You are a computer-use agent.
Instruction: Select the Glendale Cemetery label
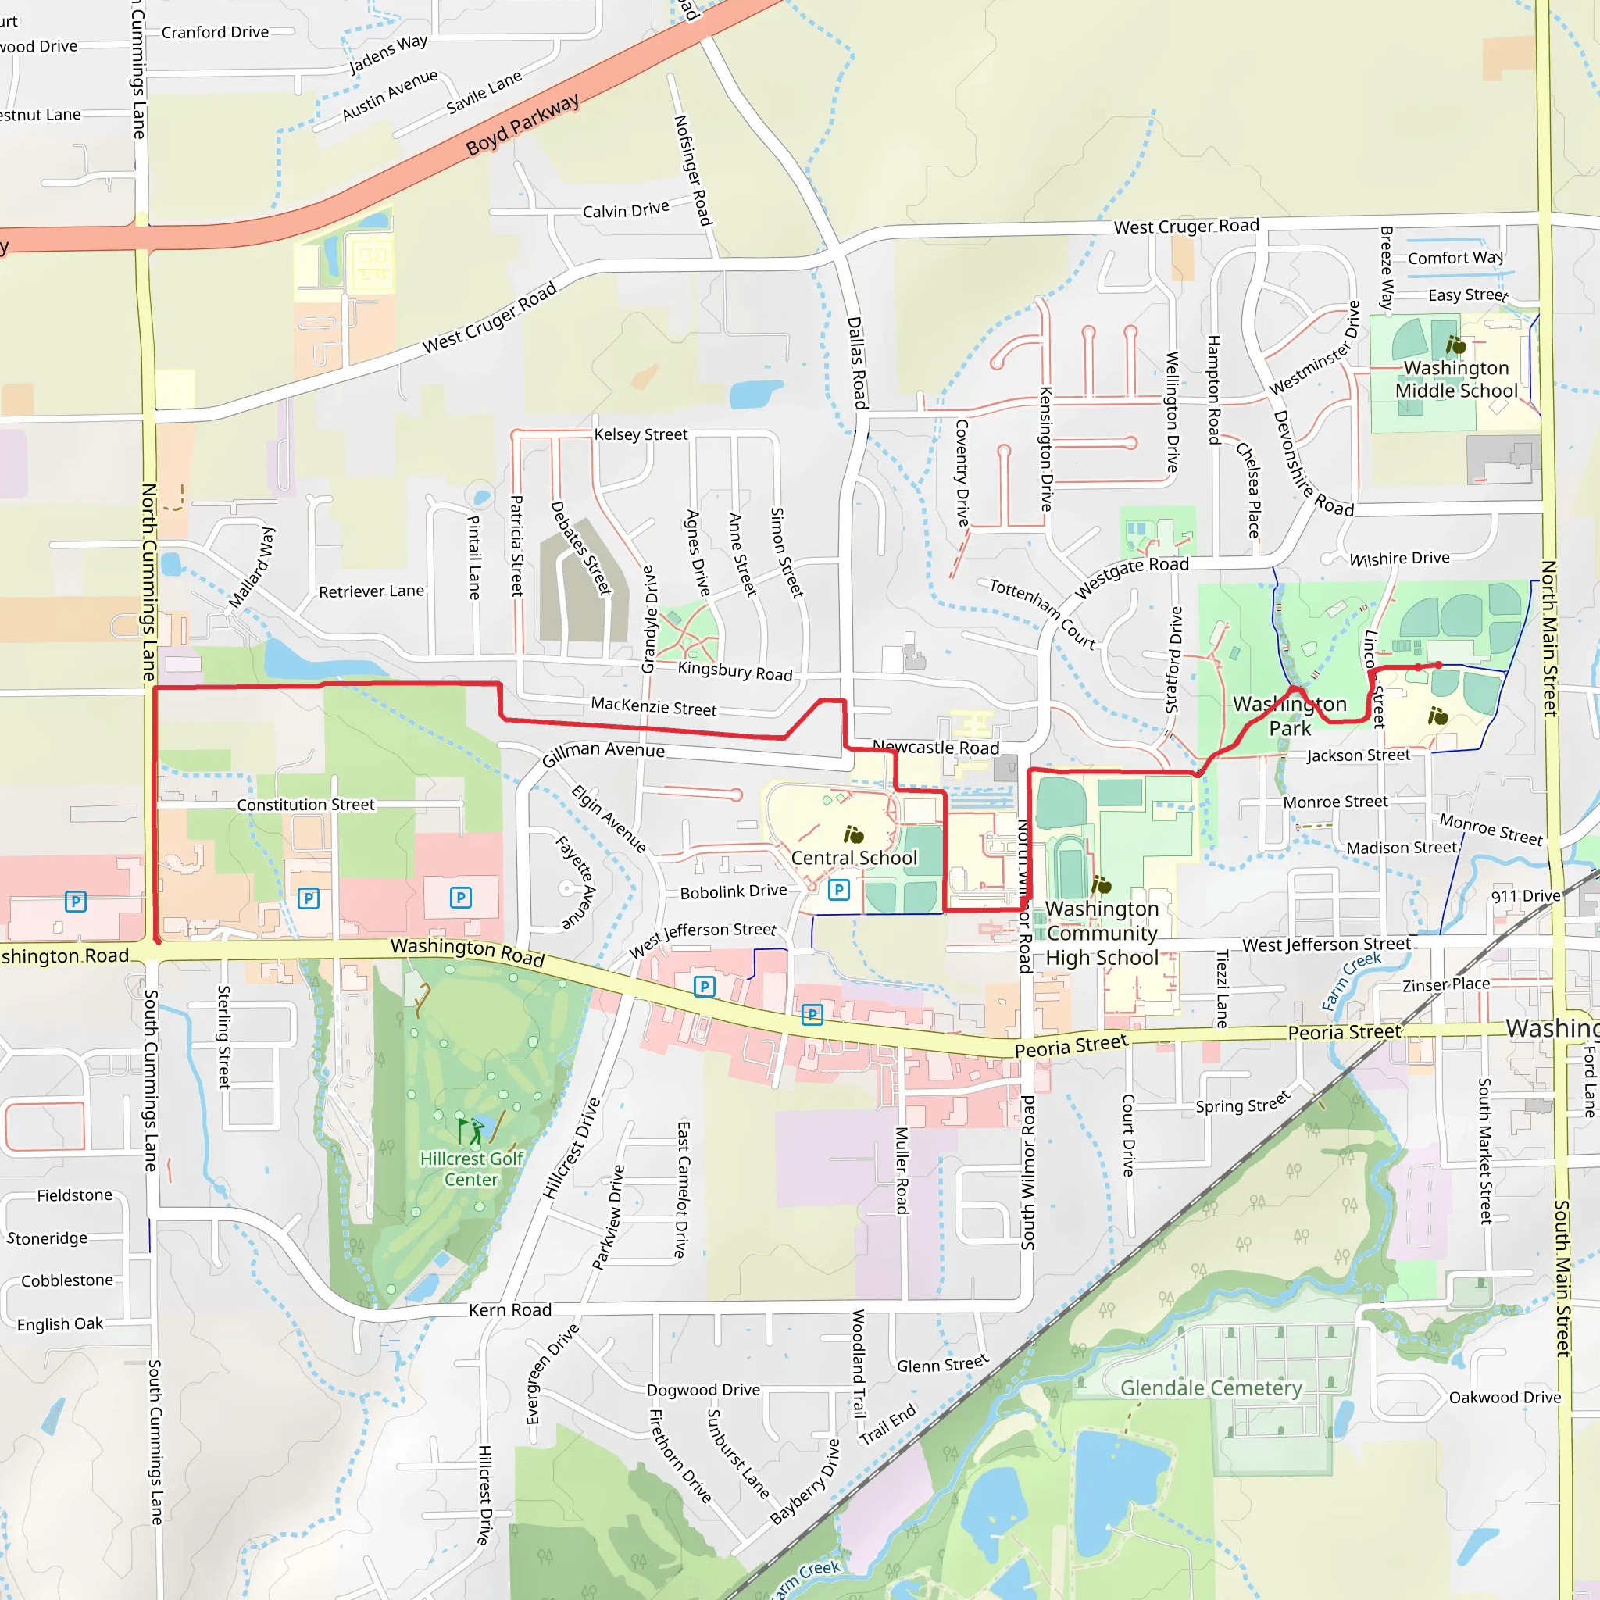coord(1211,1388)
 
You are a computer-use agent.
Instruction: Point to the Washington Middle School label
coord(1456,379)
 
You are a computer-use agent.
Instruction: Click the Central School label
coord(854,858)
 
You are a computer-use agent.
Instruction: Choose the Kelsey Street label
coord(640,435)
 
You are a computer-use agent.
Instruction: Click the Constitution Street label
coord(305,805)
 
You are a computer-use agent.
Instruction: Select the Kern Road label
coord(510,1310)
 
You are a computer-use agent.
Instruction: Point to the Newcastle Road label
coord(936,747)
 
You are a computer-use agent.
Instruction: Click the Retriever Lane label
coord(371,591)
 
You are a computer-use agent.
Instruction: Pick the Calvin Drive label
coord(625,210)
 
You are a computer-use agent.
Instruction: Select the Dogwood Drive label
coord(703,1391)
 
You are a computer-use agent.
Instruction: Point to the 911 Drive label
coord(1526,896)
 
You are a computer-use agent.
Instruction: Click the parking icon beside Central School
coord(839,891)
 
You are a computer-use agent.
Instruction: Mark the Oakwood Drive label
coord(1505,1398)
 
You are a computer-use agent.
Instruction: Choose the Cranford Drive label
coord(215,32)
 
